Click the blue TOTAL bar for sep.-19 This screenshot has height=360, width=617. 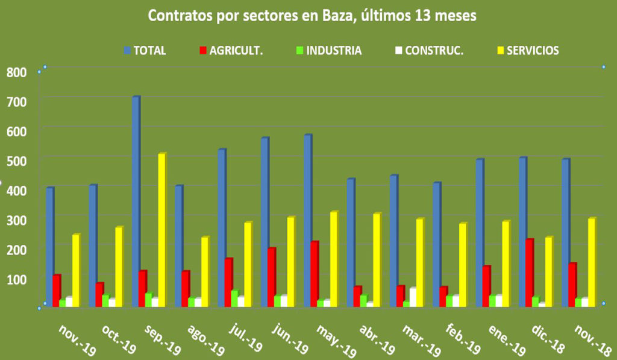coord(136,202)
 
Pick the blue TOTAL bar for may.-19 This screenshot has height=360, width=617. coord(307,221)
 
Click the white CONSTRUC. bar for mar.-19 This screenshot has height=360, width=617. coord(413,297)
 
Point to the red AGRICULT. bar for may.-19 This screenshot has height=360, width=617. coord(314,274)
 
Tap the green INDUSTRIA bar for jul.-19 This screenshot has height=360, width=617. coord(234,298)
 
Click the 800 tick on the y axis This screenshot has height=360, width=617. coord(16,73)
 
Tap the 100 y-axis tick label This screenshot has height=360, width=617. coord(16,278)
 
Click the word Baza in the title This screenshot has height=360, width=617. coord(329,16)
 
